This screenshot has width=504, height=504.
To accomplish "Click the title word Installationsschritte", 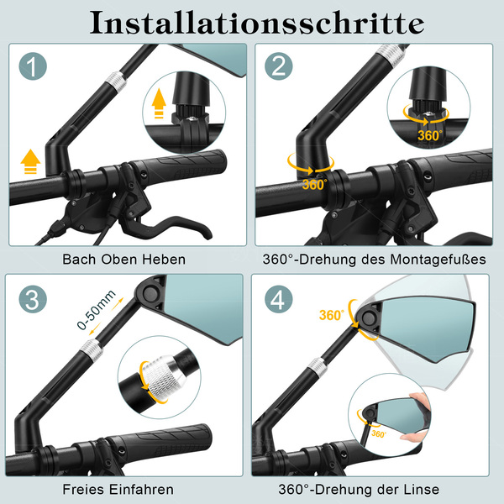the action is [x=257, y=23].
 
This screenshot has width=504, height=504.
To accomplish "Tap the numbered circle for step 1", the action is [x=33, y=66].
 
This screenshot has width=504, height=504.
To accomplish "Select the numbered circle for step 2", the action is [x=278, y=66].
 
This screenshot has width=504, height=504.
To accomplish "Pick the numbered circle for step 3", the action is [x=33, y=299].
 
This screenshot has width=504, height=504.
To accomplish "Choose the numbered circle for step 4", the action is [x=278, y=299].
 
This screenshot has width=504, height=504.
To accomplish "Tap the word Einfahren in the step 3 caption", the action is [x=141, y=490].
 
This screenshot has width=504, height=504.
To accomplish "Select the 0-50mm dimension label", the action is [x=96, y=309].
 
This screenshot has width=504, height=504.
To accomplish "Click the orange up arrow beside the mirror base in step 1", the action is [x=30, y=161].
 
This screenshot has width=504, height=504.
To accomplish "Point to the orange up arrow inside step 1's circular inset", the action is [x=159, y=103].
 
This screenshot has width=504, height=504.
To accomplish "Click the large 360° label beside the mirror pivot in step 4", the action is [x=332, y=315].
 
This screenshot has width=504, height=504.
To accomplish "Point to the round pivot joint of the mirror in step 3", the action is [x=150, y=293].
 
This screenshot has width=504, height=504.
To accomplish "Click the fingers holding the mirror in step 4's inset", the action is [x=417, y=417].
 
